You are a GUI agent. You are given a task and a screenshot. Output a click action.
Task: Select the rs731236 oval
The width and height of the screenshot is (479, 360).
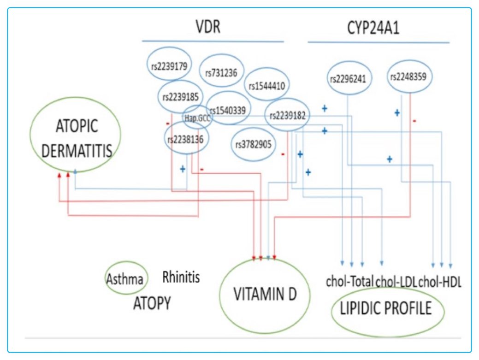[221, 71]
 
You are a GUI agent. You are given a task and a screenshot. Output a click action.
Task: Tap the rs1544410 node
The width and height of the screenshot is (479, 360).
[266, 85]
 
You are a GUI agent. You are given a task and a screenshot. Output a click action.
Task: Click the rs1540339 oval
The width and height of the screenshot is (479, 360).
[229, 109]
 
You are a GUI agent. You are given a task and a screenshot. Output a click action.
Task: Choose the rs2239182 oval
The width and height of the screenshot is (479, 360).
[287, 115]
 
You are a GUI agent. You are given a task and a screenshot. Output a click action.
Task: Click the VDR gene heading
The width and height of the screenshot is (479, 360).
[208, 27]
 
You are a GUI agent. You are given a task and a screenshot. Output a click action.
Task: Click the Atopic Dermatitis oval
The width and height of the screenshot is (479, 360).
[75, 134]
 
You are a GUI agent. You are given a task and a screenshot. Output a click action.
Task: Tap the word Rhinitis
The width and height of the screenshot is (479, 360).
[181, 277]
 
